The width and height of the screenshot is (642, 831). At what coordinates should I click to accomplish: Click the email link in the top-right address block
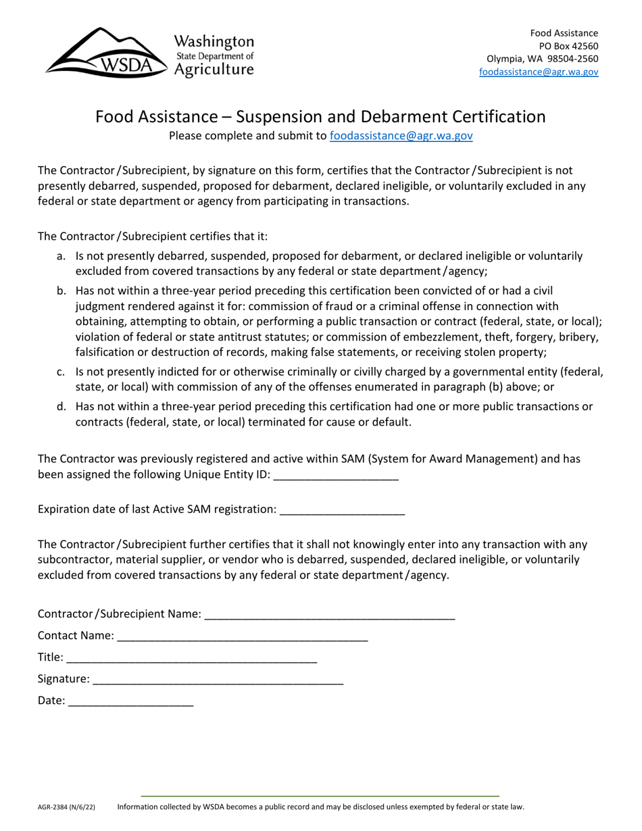[x=538, y=72]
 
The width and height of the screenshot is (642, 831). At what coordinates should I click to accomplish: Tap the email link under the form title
[x=401, y=136]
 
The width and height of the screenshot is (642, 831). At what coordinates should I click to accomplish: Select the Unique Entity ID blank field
[x=336, y=474]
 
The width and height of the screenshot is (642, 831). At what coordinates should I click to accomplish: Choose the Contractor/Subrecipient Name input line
[x=329, y=614]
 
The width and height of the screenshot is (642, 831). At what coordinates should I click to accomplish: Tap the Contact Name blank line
[x=242, y=636]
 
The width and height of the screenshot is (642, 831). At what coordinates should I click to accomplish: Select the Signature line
[x=218, y=679]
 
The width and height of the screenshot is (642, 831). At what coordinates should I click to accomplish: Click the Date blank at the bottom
[x=130, y=701]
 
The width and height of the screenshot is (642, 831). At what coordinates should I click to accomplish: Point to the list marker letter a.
[x=61, y=257]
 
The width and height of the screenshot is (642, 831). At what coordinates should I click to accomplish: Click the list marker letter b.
[x=61, y=291]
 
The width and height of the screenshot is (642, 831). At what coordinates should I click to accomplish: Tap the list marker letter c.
[x=61, y=372]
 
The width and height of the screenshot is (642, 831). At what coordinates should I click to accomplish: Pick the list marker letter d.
[x=61, y=407]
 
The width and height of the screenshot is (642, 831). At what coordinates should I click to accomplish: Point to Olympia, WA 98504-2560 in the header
[x=542, y=59]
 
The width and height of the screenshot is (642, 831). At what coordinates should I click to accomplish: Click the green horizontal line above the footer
[x=320, y=796]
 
